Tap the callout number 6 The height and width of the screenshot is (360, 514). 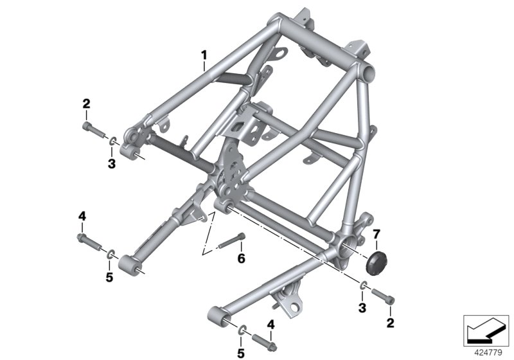tap(242, 259)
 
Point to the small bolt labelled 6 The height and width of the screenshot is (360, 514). tap(231, 243)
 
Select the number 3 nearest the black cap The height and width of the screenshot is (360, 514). tap(364, 309)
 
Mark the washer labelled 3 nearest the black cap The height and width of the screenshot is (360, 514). tap(364, 285)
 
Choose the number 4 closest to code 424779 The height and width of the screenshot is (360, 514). tap(271, 324)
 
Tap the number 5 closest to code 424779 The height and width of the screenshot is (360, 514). tap(242, 352)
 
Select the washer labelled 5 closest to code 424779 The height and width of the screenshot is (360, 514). tap(243, 330)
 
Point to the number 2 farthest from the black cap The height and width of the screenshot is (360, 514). tap(85, 104)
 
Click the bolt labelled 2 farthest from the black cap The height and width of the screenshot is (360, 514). tap(94, 130)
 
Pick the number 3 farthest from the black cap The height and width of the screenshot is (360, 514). tap(111, 163)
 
